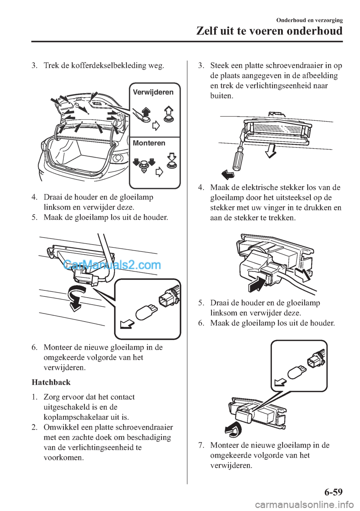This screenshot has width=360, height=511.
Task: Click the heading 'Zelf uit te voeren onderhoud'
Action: tap(269, 31)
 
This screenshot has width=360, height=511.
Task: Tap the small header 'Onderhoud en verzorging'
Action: tap(309, 20)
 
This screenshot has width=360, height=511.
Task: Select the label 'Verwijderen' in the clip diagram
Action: tap(153, 92)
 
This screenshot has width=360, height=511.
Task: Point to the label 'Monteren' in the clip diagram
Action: tap(149, 143)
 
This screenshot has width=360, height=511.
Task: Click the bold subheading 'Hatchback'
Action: tap(51, 382)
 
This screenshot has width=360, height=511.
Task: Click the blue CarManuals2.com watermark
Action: tap(112, 265)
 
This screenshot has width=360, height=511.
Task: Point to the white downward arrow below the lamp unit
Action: tap(271, 151)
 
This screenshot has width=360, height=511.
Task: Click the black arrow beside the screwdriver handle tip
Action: tap(228, 174)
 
